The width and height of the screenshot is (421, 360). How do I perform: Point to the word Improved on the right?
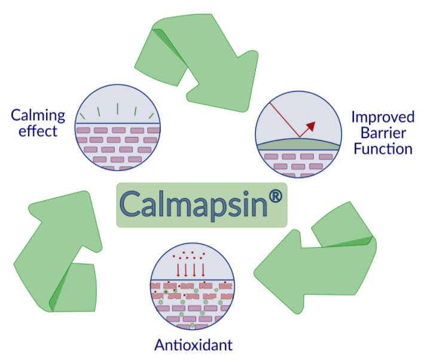coord(383,117)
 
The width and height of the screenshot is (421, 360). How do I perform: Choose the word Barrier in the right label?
coord(383,132)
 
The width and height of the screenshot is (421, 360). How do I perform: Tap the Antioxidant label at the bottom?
coord(193,344)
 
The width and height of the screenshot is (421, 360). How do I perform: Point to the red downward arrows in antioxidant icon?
coord(190,268)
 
